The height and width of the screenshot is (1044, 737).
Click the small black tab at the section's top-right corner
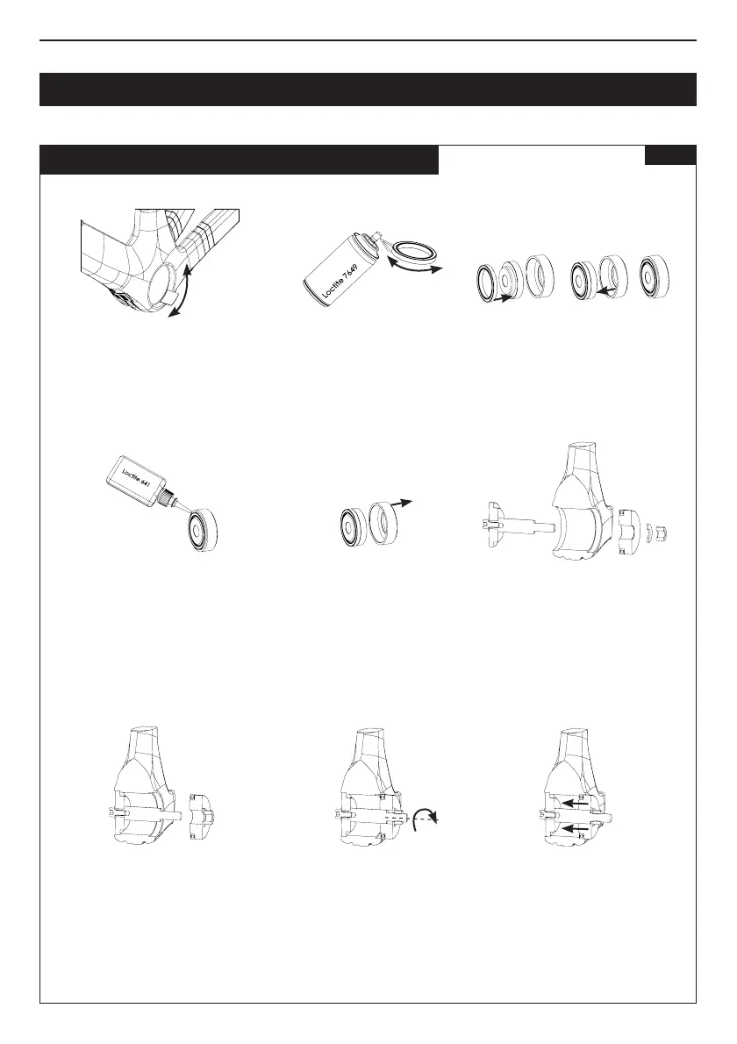(x=670, y=155)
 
